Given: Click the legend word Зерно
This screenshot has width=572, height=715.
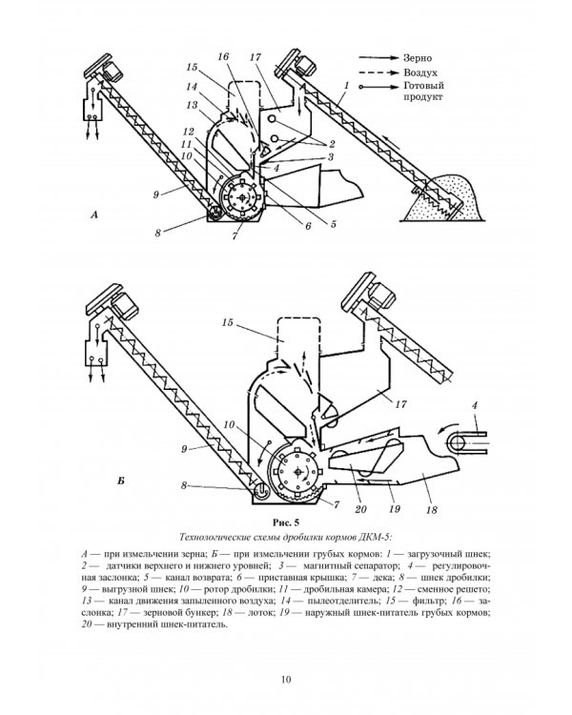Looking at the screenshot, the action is coord(418,58).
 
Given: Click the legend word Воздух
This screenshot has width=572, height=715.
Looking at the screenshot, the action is coord(420,72).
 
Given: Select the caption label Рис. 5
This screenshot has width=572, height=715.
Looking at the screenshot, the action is coord(286,521).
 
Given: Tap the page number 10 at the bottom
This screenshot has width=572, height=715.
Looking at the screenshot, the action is coord(286,680).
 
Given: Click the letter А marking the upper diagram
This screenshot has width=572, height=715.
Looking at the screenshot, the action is coord(94,214).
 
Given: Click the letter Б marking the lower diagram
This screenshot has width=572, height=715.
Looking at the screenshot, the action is coord(121,480).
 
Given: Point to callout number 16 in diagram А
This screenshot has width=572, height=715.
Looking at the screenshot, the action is coord(223,56).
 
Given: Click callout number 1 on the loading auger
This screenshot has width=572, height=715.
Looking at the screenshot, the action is coord(347,85).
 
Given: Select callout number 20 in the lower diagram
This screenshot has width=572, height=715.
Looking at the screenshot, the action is coord(360,509).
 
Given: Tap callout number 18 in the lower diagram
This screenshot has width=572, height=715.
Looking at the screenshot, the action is coord(431,509).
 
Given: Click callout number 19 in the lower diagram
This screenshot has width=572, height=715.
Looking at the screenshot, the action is coord(395,508).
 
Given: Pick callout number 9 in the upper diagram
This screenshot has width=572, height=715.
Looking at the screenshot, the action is coord(156,194).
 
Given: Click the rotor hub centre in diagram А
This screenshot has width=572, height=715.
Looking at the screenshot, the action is coord(241,197).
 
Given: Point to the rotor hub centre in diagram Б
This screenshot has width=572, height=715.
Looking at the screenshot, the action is coord(297,473).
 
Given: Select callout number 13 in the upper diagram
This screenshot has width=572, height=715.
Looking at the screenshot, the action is coord(192,105).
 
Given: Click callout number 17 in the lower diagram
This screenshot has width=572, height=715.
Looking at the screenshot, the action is coord(400,404).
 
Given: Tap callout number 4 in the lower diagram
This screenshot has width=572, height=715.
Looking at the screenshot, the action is coord(475,405).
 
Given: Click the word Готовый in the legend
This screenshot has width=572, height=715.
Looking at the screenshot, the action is coord(423,86).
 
